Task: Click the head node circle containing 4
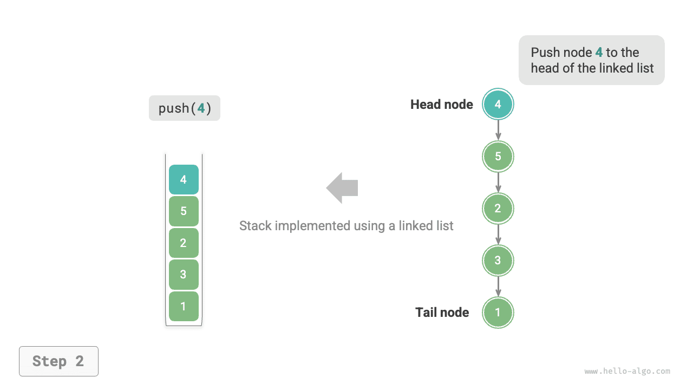pos(498,105)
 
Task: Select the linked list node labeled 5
pos(498,157)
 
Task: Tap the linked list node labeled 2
pos(498,209)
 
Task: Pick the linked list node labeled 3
pos(498,261)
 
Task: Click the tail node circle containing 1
pos(498,313)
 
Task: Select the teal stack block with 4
pos(184,179)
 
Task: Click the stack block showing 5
pos(184,211)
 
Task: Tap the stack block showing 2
pos(184,243)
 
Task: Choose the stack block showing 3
pos(184,275)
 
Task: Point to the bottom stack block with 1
pos(184,306)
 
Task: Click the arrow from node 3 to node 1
pos(498,287)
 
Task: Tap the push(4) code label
pos(185,108)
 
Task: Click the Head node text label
pos(441,105)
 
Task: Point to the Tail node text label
pos(442,313)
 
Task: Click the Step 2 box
pos(58,361)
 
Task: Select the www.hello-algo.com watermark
pos(627,371)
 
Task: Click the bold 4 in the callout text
pos(599,53)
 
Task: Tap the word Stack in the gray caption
pos(255,226)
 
